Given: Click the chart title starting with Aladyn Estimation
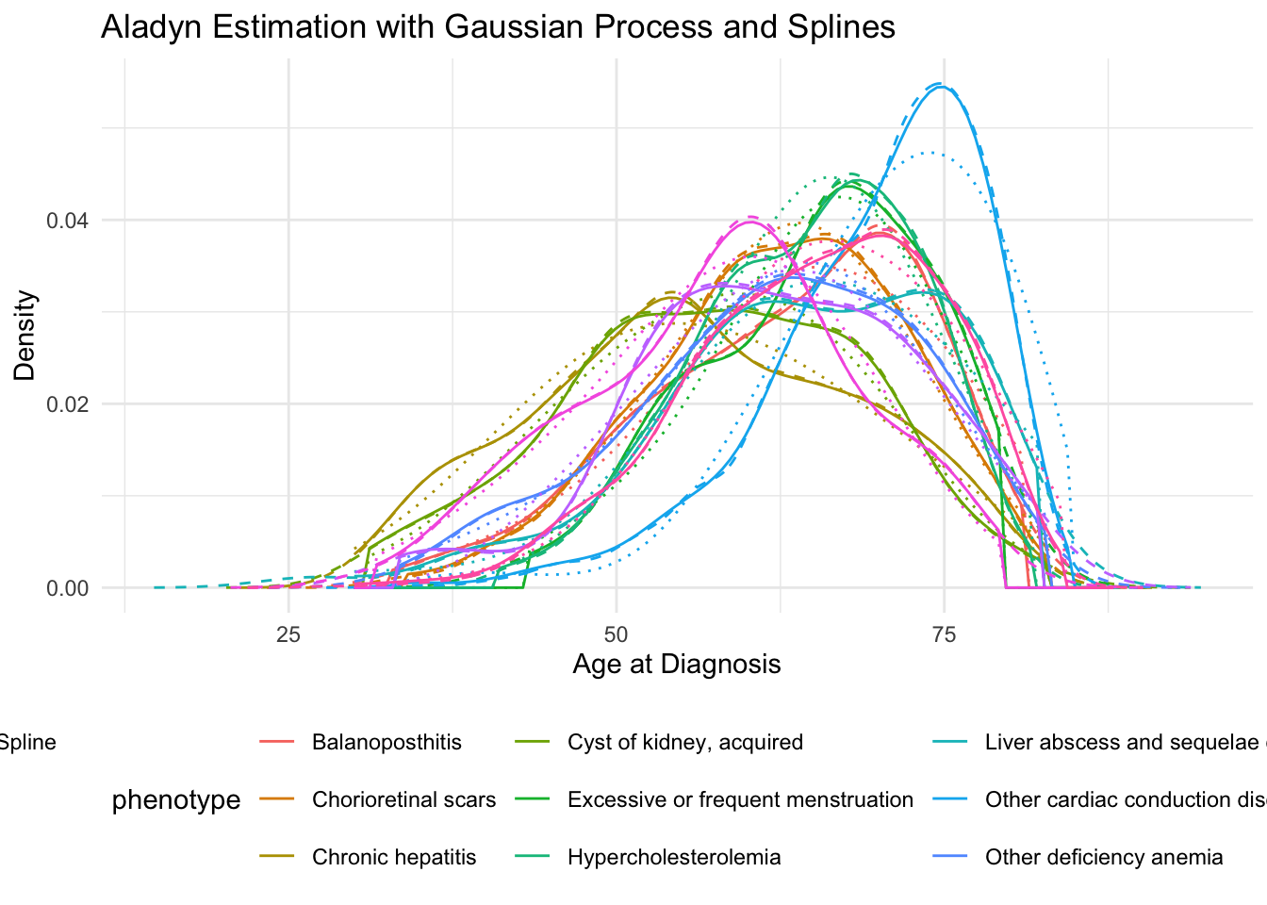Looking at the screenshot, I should click(x=498, y=26).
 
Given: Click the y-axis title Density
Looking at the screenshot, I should click(x=25, y=335).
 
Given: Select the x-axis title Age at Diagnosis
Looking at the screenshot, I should click(x=676, y=665).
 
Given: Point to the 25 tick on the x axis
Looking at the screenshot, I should click(x=288, y=634).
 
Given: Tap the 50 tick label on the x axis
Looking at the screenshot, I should click(x=616, y=634).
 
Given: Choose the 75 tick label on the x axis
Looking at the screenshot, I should click(x=944, y=634).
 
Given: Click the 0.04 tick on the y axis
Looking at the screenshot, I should click(x=67, y=221).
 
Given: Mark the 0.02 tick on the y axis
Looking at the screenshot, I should click(x=67, y=404).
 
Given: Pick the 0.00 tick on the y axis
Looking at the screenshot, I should click(x=67, y=588).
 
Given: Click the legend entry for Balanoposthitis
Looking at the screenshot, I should click(x=387, y=743).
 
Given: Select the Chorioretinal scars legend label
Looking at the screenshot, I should click(x=403, y=800).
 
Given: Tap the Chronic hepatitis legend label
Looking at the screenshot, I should click(x=394, y=858).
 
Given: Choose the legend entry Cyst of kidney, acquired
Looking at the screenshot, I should click(x=685, y=743).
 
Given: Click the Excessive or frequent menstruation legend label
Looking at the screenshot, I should click(x=740, y=800).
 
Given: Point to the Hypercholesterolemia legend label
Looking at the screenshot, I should click(x=674, y=858).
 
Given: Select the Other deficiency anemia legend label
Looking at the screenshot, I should click(x=1104, y=858).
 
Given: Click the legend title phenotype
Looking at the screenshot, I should click(x=176, y=800).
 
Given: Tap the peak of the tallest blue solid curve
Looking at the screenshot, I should click(x=940, y=86).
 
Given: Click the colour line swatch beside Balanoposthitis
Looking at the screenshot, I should click(x=278, y=743).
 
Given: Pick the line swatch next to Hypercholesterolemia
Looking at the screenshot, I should click(x=534, y=858).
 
